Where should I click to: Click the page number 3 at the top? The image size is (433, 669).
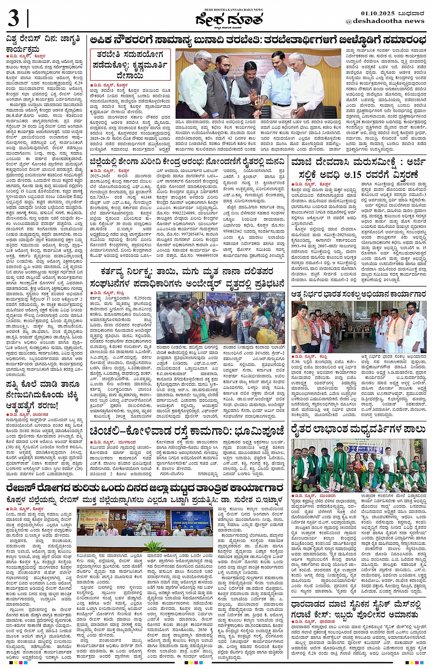click(x=14, y=19)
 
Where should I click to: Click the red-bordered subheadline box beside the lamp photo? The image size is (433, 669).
click(x=130, y=64)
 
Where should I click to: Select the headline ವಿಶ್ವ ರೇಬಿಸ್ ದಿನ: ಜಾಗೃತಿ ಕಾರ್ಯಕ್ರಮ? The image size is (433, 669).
click(x=44, y=44)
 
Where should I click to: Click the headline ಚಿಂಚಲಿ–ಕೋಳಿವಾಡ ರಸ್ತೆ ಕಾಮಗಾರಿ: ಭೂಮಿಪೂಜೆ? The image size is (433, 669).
click(x=186, y=431)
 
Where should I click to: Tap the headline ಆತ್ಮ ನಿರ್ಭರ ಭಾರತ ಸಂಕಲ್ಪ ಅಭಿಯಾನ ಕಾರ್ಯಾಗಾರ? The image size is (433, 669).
click(x=358, y=294)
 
